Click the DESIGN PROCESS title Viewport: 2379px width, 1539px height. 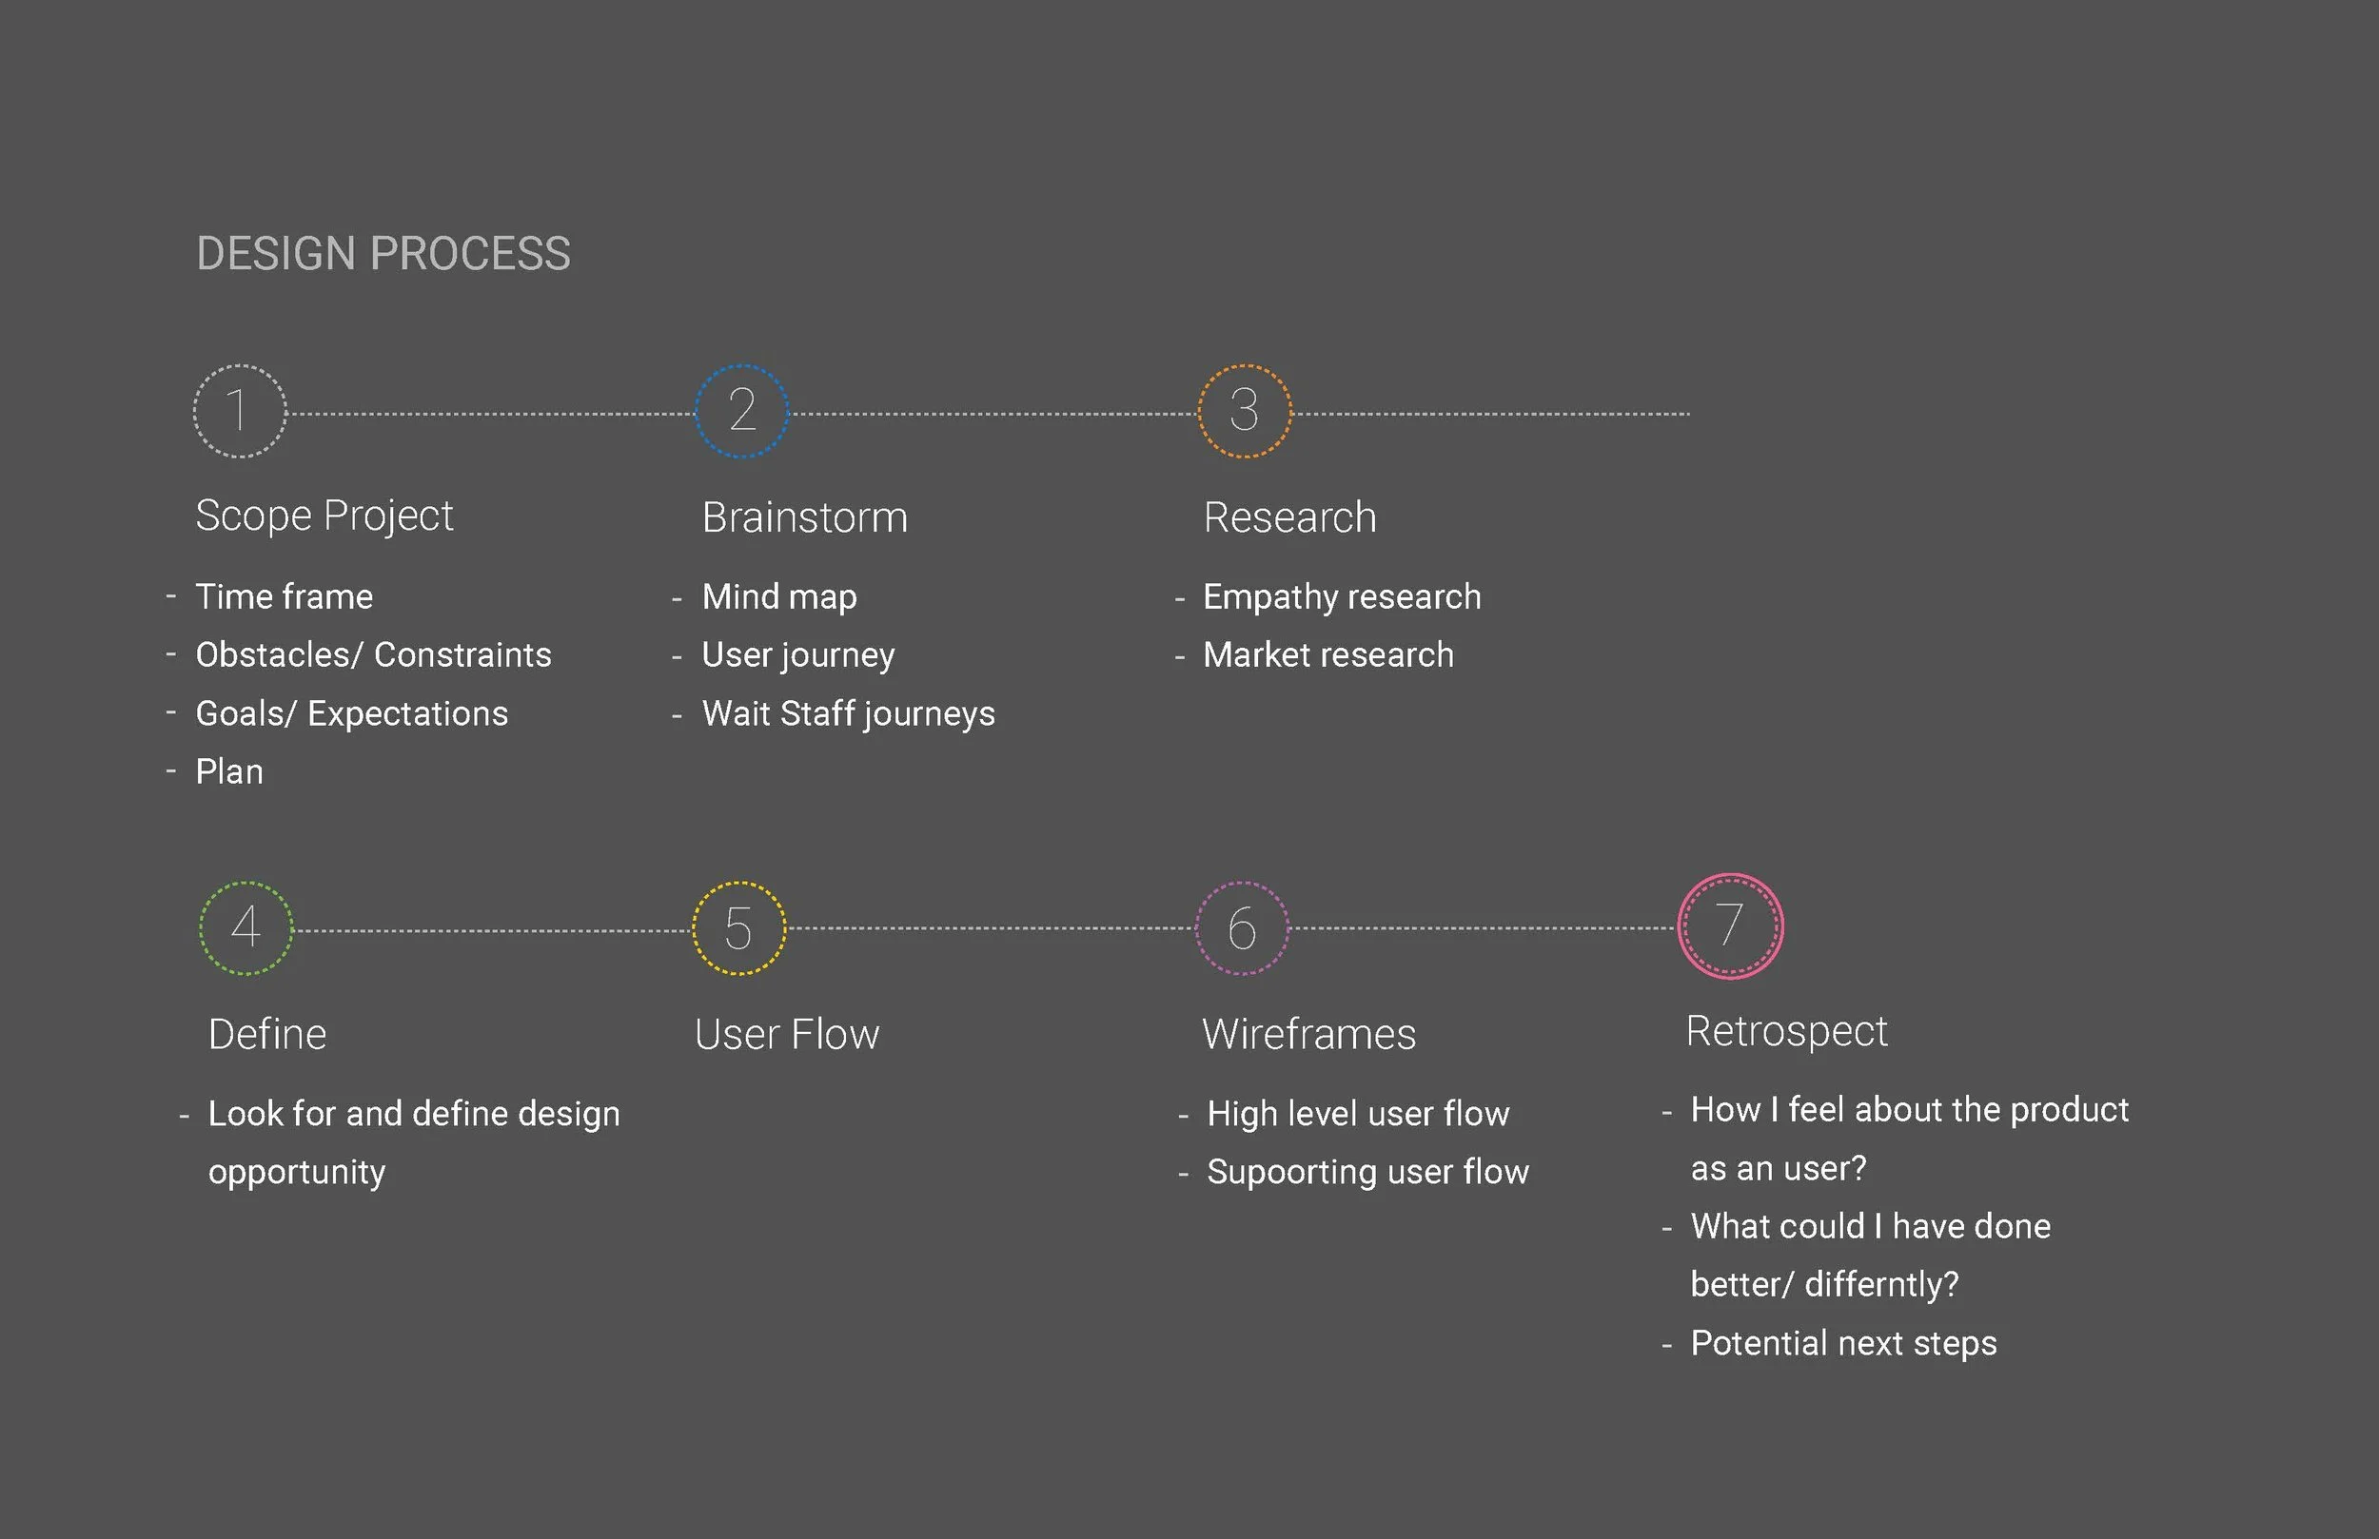(x=383, y=254)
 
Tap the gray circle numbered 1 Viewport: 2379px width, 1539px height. (x=239, y=411)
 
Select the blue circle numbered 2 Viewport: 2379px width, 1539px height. (x=741, y=411)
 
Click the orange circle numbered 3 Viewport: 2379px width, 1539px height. (x=1245, y=411)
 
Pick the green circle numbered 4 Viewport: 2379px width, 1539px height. (x=246, y=927)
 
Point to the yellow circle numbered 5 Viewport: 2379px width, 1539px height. (x=738, y=927)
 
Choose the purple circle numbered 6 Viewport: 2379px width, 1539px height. (x=1243, y=927)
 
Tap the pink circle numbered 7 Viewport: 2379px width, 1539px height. (x=1730, y=926)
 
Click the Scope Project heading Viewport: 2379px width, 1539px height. (x=324, y=516)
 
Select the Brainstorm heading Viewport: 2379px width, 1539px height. (x=805, y=517)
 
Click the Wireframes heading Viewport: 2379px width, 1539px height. (x=1308, y=1034)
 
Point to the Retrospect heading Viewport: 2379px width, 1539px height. (x=1786, y=1031)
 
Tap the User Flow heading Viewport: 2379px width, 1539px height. (x=787, y=1034)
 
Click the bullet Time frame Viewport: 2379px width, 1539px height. (x=284, y=596)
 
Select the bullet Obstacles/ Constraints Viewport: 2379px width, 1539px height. (x=373, y=654)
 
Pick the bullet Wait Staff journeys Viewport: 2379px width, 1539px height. (x=848, y=713)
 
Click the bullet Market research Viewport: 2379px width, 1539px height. (x=1328, y=654)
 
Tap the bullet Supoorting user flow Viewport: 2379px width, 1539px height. (x=1367, y=1171)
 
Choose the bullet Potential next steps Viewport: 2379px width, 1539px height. (x=1843, y=1343)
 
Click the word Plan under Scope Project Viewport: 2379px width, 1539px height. (x=229, y=771)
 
